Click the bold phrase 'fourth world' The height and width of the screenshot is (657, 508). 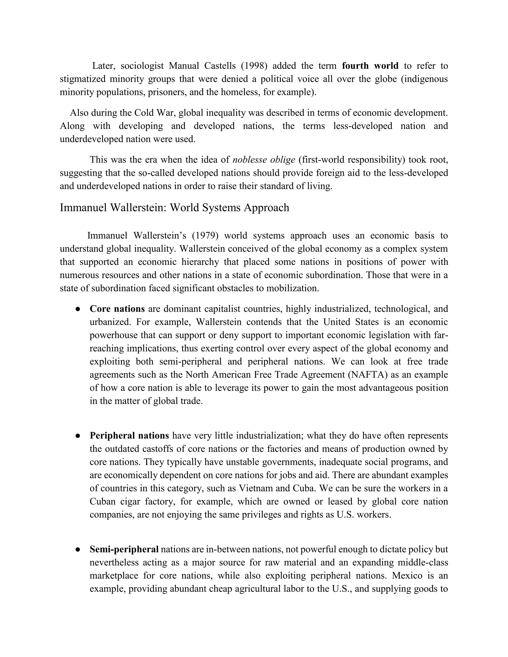tap(370, 66)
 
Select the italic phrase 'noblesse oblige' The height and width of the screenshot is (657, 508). tap(264, 160)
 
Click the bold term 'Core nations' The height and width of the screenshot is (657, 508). tap(117, 309)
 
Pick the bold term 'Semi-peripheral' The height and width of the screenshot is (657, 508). tap(124, 549)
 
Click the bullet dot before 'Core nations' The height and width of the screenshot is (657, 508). tap(78, 309)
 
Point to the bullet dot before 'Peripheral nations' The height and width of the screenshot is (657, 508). tap(78, 436)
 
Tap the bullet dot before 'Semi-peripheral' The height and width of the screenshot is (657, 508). tap(78, 550)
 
